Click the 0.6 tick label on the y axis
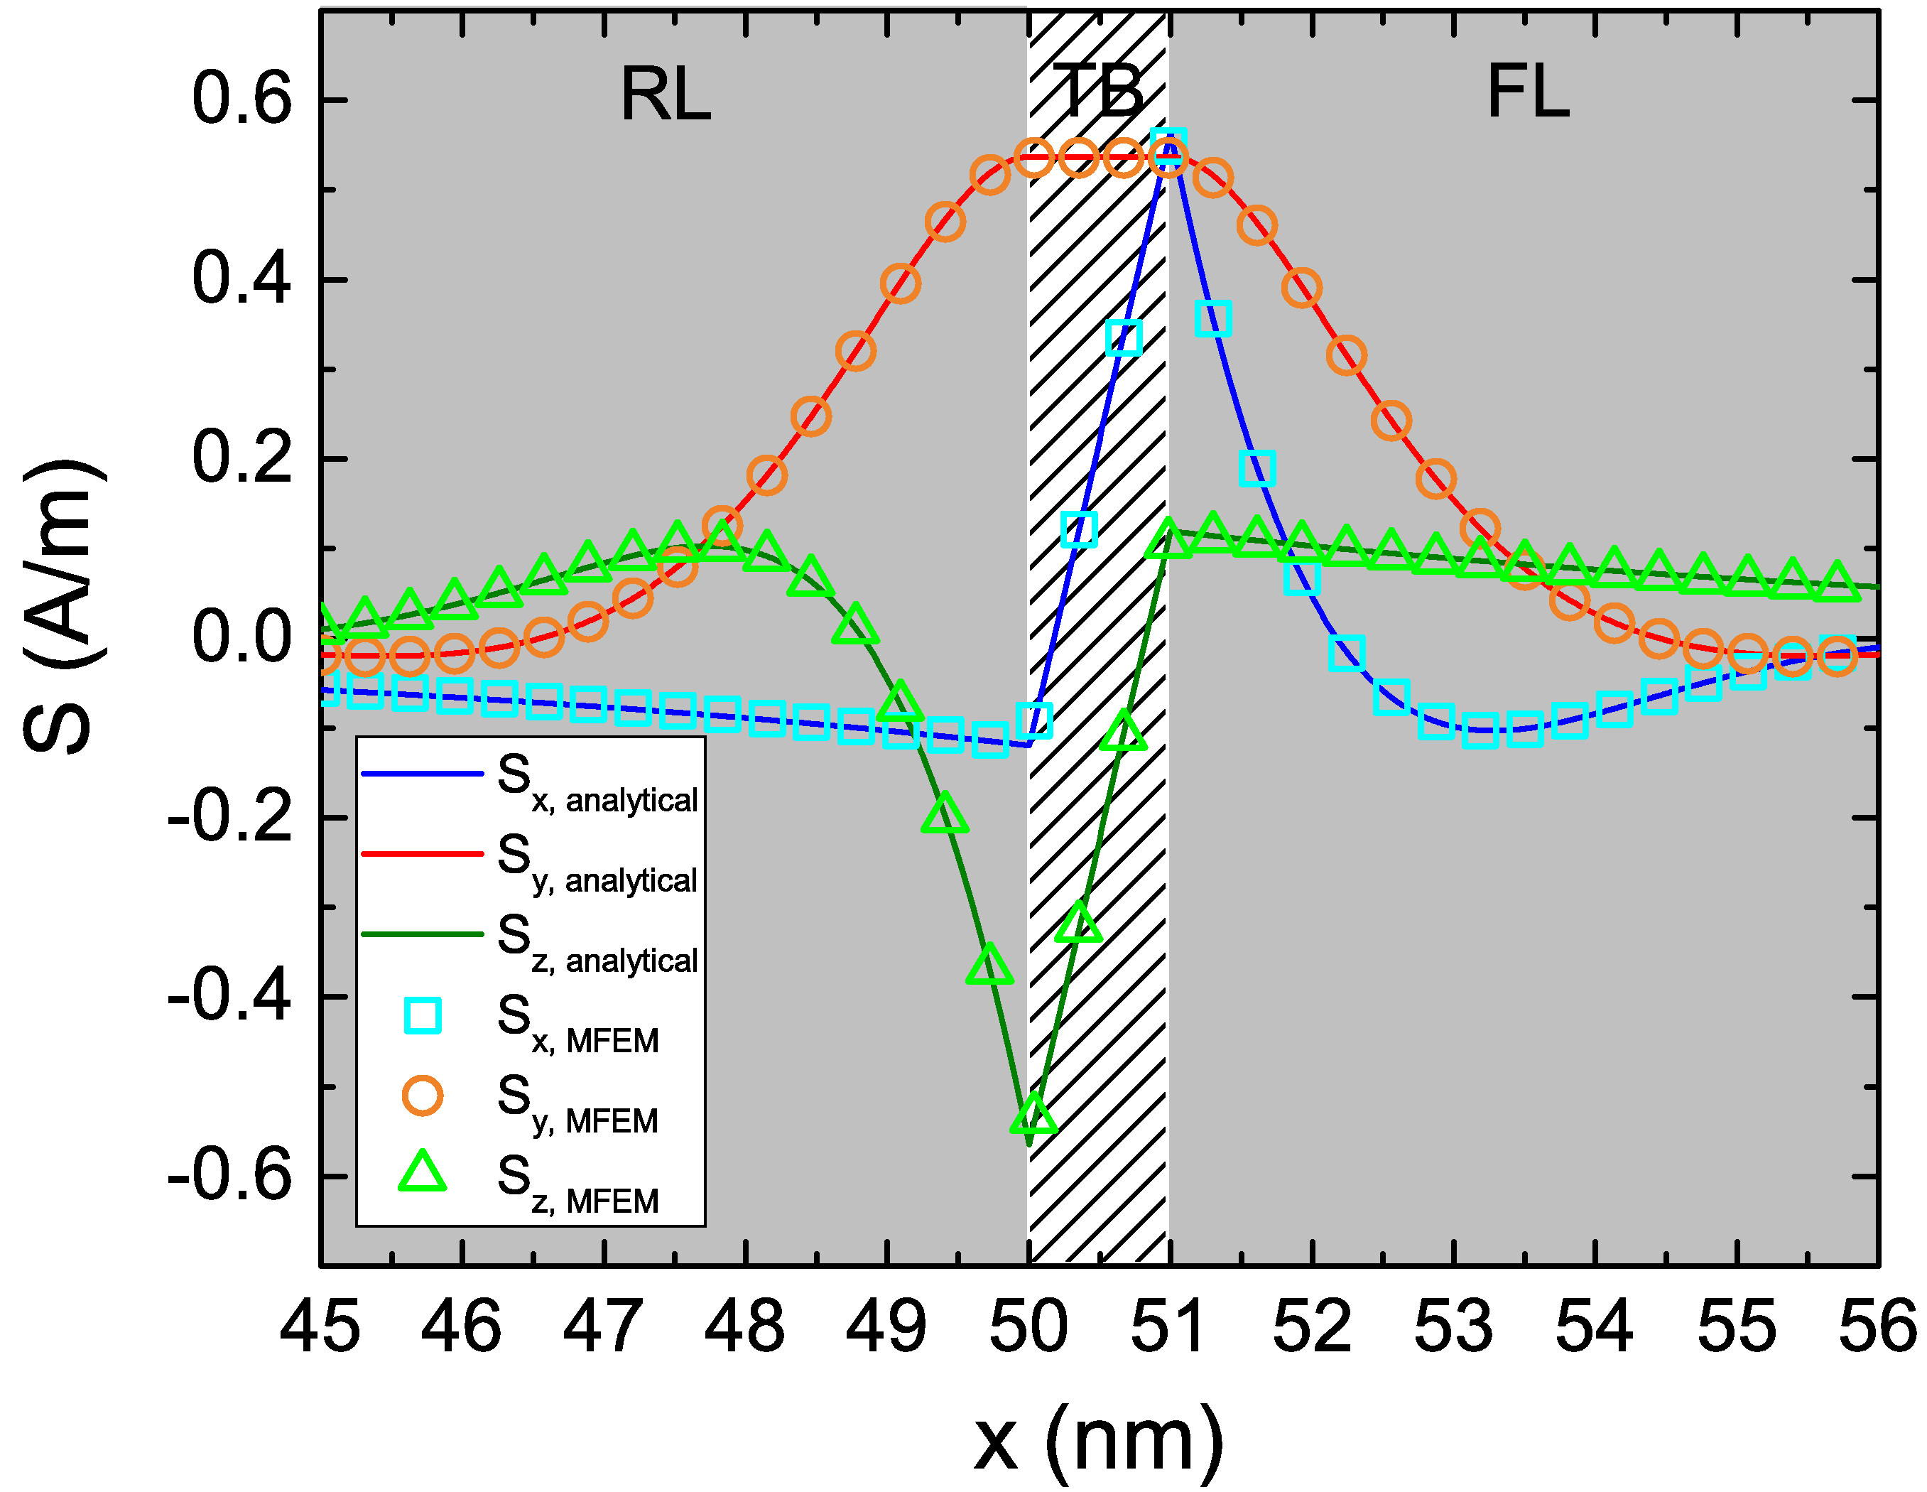pos(241,99)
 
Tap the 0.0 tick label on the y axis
pos(241,637)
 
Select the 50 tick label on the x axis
pos(1028,1326)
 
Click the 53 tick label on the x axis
pos(1453,1326)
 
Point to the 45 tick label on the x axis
pos(320,1326)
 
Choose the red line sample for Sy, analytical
pos(422,853)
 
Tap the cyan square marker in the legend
pos(423,1015)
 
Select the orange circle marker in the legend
pos(423,1095)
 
